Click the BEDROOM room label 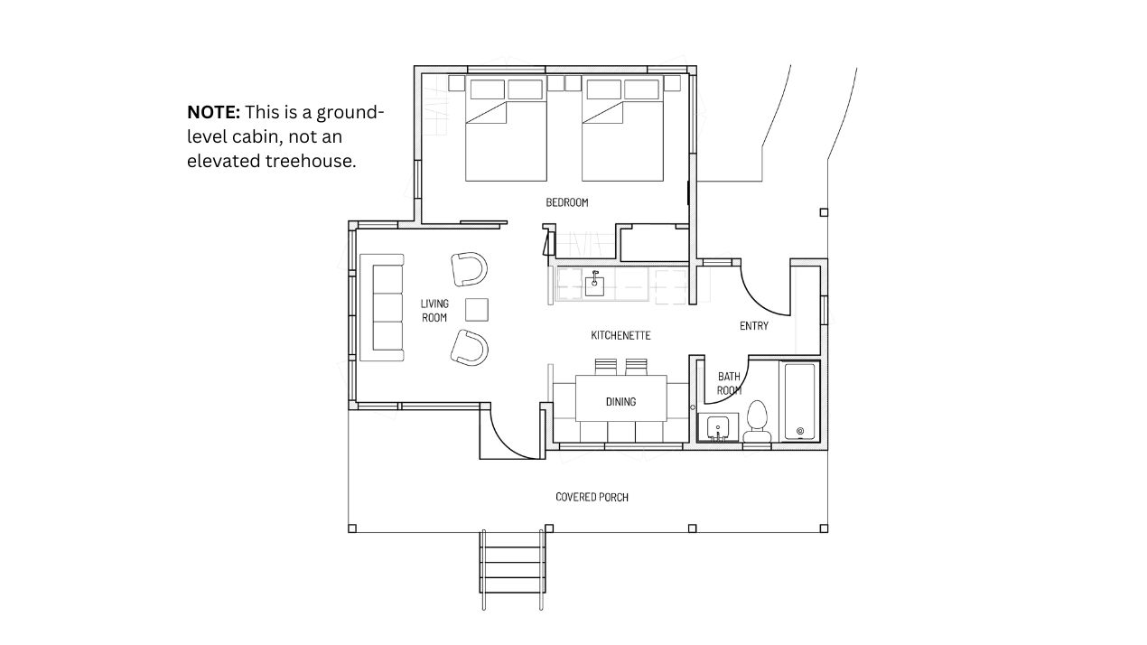coord(567,202)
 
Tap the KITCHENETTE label coord(620,335)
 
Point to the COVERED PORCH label coord(592,497)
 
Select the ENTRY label coord(754,326)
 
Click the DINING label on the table coord(620,402)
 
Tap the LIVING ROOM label coord(434,311)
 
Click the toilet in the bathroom coord(758,422)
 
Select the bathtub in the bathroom coord(800,401)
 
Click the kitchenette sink coord(594,285)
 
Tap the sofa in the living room coord(382,307)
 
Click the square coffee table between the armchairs coord(477,310)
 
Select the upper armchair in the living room coord(469,269)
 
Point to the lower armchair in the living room coord(469,348)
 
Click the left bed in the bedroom coord(506,129)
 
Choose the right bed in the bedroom coord(622,129)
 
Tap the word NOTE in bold coord(213,112)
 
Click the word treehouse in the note coord(311,161)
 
